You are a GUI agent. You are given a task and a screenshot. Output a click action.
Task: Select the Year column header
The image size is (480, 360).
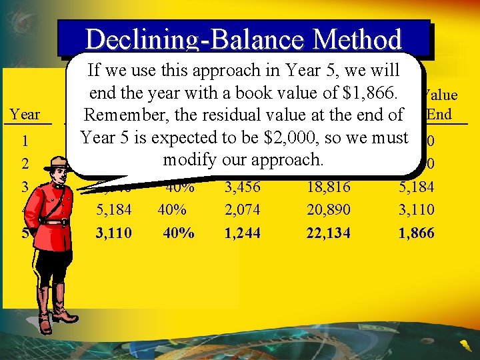point(25,115)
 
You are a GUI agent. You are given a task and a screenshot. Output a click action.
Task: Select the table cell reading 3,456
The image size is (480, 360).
point(242,187)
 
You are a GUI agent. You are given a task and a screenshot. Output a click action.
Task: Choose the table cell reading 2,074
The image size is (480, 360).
point(242,210)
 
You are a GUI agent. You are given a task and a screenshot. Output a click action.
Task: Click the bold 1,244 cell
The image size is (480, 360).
point(242,233)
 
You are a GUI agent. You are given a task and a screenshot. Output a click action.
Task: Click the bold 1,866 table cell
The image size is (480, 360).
point(417,233)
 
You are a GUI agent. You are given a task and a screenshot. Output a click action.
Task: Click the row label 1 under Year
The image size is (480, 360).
point(25,141)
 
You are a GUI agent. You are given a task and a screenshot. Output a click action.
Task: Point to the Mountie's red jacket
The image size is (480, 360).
point(57,220)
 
